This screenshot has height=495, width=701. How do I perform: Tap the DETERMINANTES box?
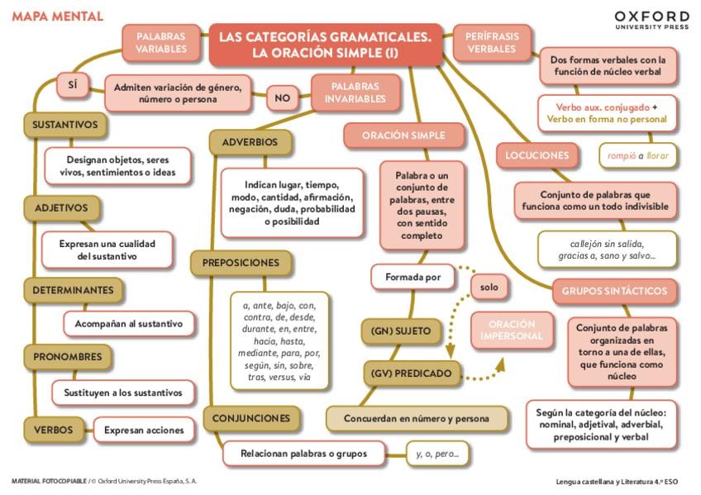73,290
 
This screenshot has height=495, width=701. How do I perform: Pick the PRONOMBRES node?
68,357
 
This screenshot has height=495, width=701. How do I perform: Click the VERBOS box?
54,430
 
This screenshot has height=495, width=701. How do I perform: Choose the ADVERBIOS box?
250,142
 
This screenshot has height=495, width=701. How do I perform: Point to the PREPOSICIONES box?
241,263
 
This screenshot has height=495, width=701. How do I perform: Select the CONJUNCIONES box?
251,418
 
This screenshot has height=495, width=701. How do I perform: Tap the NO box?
283,98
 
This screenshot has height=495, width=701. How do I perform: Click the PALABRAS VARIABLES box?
161,42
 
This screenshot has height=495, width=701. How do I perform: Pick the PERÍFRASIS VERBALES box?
491,42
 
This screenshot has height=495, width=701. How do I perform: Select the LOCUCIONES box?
537,155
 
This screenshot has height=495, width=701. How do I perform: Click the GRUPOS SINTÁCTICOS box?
614,291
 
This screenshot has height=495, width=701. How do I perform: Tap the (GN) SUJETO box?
401,331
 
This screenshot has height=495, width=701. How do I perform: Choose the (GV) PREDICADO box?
412,374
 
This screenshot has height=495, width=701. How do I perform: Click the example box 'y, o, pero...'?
437,454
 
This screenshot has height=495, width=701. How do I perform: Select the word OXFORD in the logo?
651,17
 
